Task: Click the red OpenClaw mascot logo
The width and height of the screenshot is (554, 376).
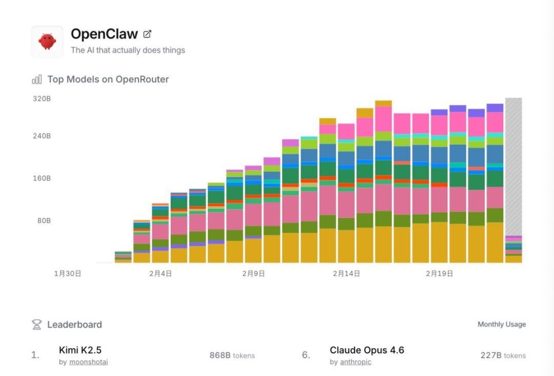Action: [47, 41]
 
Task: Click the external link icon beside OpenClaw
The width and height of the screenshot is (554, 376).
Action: [147, 34]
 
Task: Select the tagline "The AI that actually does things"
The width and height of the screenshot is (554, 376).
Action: [128, 50]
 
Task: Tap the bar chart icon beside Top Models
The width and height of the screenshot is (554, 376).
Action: [37, 80]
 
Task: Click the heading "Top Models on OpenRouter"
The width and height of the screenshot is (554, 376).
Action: [108, 80]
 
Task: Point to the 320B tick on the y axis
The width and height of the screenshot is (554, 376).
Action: [42, 99]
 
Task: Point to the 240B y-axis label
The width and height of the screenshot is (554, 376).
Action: [42, 136]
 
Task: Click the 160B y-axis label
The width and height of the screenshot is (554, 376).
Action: [42, 178]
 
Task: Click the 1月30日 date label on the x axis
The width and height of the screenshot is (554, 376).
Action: [68, 273]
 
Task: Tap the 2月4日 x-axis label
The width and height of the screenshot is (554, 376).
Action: [160, 273]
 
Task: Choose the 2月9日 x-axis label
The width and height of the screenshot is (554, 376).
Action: [253, 273]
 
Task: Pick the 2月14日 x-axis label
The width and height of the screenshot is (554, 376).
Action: [346, 273]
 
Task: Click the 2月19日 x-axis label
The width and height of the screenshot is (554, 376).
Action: [439, 273]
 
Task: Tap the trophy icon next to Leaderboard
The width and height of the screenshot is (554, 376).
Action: [36, 325]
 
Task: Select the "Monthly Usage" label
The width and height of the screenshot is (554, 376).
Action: [501, 325]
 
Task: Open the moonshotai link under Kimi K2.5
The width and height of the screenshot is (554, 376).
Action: [88, 362]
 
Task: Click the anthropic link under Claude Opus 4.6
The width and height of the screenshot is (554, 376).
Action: [355, 362]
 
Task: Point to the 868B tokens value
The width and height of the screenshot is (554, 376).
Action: [232, 356]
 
